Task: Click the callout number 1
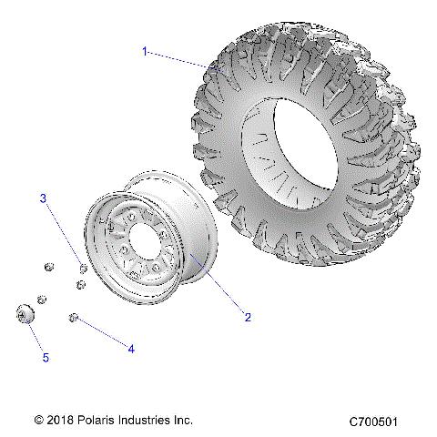tap(144, 52)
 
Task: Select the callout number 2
tap(247, 317)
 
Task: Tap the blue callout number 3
tap(42, 198)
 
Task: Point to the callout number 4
tap(131, 349)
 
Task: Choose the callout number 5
tap(46, 358)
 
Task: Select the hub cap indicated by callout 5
tap(25, 314)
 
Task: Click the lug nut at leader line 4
tap(74, 317)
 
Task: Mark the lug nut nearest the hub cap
tap(42, 299)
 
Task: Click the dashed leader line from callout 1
tap(178, 58)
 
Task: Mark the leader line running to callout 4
tap(102, 332)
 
